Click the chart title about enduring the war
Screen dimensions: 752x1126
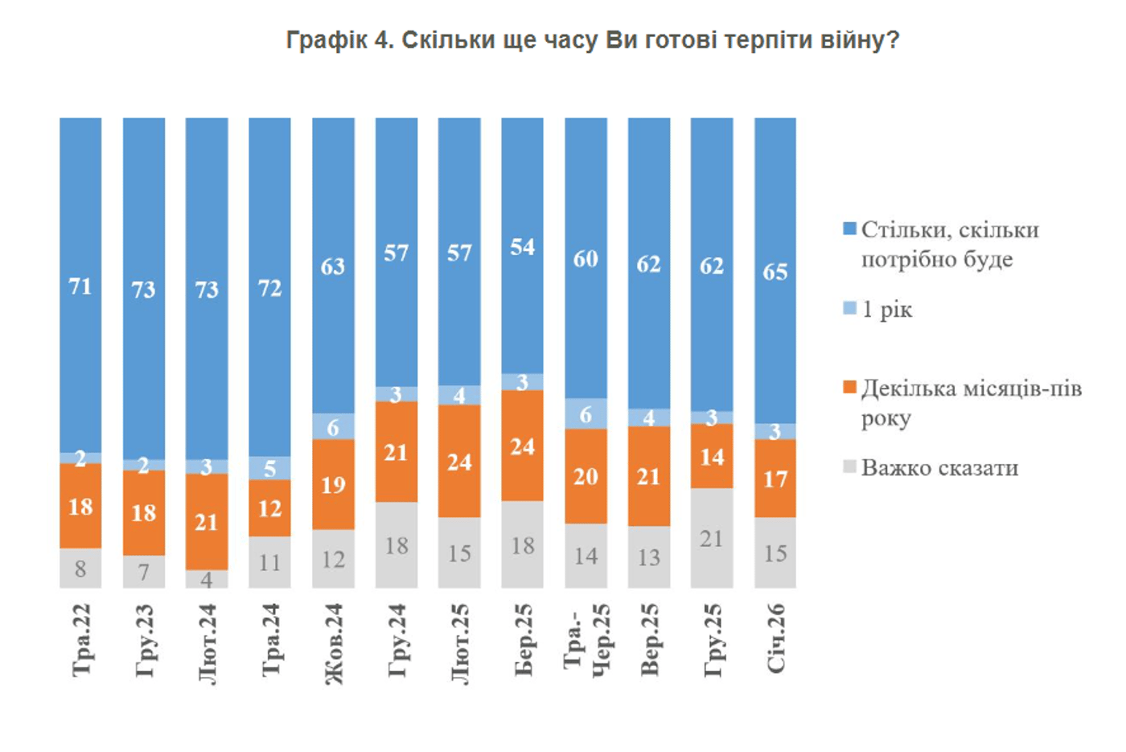[592, 40]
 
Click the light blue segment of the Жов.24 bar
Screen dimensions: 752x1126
[333, 426]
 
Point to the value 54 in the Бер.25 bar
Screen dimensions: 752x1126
[523, 247]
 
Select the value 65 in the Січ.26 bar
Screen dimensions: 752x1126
[775, 272]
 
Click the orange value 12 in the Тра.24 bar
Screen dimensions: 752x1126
[270, 508]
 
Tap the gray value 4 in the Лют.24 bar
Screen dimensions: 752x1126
[207, 579]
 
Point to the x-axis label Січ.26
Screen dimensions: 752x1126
[775, 639]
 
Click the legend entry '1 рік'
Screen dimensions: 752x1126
[887, 310]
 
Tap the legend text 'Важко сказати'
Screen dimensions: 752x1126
[939, 468]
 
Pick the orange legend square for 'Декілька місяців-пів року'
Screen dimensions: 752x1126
[849, 388]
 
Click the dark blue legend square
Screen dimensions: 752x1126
[849, 229]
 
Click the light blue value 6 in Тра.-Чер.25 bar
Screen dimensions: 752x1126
[586, 415]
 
